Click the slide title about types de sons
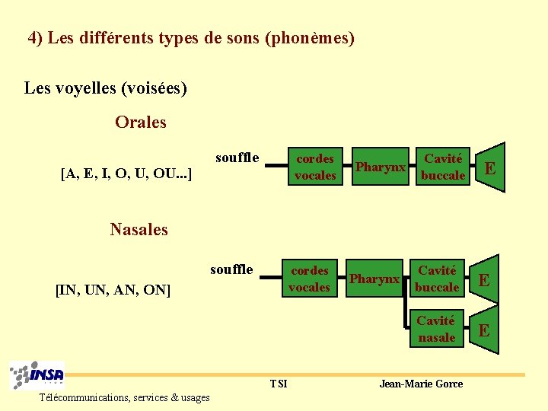[191, 38]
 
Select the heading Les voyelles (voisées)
[106, 88]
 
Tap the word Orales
[141, 123]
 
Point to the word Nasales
[139, 229]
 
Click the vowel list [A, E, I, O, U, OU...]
[126, 174]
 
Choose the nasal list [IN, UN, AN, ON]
[113, 289]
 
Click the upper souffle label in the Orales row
[237, 158]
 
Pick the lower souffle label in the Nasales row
[231, 269]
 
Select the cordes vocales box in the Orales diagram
[315, 167]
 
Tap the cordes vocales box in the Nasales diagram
[310, 279]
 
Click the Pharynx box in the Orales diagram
[380, 167]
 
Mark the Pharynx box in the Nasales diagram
[374, 279]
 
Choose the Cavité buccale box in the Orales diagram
[443, 167]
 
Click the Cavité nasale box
[436, 330]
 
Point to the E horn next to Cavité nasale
[484, 330]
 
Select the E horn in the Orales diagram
[490, 167]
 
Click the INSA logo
[38, 375]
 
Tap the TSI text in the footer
[279, 384]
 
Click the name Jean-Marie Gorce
[421, 384]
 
